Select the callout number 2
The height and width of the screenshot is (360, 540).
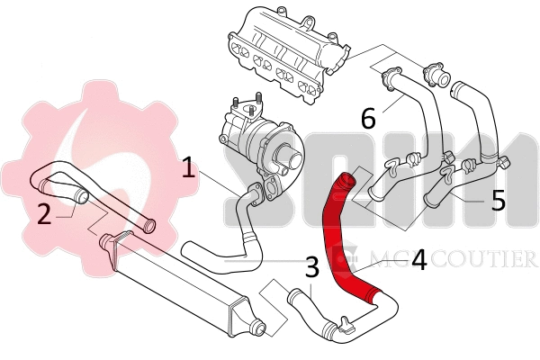(43, 213)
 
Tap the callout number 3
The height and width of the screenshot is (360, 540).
(311, 266)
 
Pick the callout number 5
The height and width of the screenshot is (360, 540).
(499, 199)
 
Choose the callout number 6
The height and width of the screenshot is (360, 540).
(368, 117)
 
